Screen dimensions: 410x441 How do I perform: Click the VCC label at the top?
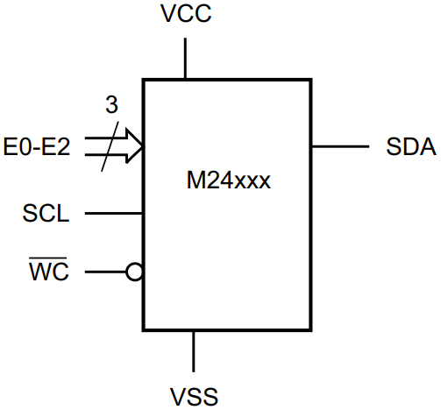(x=186, y=16)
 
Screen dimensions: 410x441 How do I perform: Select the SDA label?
(x=410, y=146)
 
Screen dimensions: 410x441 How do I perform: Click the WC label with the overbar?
(x=50, y=272)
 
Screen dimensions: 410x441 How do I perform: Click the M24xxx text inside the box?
(x=227, y=183)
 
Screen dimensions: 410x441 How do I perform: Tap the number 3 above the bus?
(x=110, y=106)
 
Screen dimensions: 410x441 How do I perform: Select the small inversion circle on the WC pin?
(x=134, y=272)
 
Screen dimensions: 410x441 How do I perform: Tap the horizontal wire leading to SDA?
(x=340, y=145)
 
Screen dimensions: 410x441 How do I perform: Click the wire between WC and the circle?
(x=105, y=272)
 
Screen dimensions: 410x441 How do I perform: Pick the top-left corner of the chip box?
(x=144, y=81)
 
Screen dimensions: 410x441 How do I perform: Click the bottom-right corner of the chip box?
(x=310, y=330)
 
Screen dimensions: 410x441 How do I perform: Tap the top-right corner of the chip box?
(x=310, y=81)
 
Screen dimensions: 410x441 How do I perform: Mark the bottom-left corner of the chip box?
(x=144, y=330)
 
